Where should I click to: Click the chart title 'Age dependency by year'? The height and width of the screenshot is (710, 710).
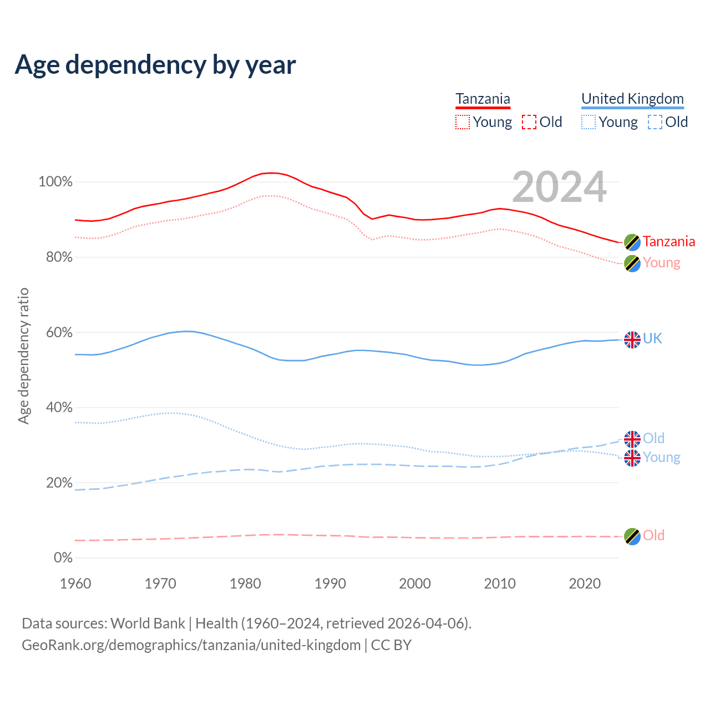155,64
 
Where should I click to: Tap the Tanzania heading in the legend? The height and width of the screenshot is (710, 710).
483,99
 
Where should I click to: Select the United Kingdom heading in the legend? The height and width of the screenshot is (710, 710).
632,99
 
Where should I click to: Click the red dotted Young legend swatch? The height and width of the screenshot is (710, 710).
463,122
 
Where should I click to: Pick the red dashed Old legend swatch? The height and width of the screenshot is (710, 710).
529,122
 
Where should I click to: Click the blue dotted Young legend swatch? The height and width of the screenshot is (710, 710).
589,122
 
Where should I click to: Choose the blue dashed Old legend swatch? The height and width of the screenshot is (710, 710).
655,122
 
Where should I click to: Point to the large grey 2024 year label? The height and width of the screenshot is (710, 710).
559,187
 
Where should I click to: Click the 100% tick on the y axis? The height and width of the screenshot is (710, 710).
55,182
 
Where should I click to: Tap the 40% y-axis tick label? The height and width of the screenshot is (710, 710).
59,408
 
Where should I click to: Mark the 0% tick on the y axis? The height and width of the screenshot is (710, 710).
63,558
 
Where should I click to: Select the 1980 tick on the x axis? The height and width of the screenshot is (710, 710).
245,584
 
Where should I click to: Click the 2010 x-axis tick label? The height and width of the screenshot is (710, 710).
500,584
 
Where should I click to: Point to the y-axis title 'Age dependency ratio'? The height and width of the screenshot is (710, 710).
23,356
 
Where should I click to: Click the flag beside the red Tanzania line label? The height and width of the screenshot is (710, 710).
632,242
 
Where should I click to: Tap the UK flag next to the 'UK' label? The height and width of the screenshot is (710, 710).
632,339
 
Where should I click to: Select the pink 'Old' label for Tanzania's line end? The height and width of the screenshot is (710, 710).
653,535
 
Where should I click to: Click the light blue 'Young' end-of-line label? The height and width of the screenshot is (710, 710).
661,458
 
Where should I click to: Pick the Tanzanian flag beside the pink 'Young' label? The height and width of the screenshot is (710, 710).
632,263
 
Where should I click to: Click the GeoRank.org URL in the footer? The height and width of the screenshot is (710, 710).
191,645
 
